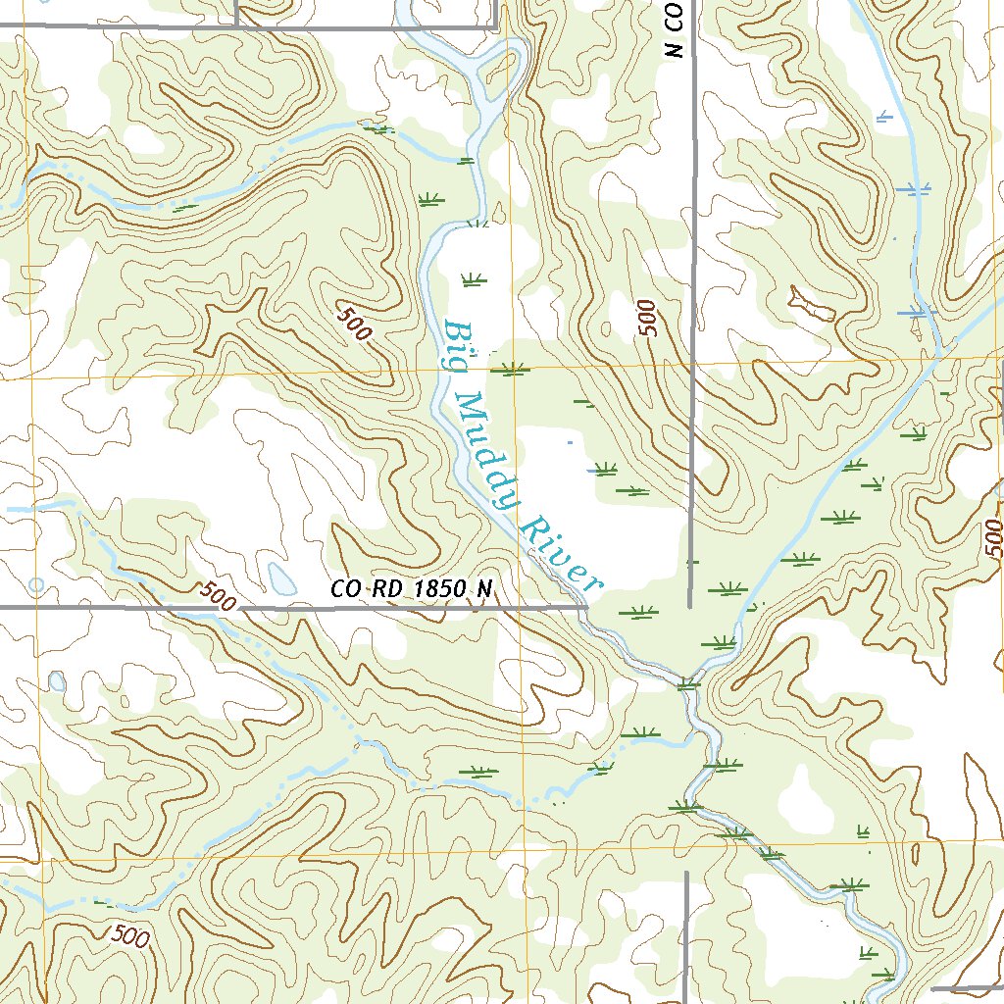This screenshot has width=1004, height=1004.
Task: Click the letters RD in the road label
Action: (x=388, y=589)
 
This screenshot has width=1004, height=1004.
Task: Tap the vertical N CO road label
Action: (x=674, y=29)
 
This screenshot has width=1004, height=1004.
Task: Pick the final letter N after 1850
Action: (x=484, y=589)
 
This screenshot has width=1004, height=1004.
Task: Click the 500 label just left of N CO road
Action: (x=645, y=320)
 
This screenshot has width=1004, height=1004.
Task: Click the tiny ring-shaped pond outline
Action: (x=36, y=585)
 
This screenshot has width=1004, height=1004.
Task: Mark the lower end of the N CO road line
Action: (x=691, y=606)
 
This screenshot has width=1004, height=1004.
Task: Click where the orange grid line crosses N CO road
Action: (x=692, y=362)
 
